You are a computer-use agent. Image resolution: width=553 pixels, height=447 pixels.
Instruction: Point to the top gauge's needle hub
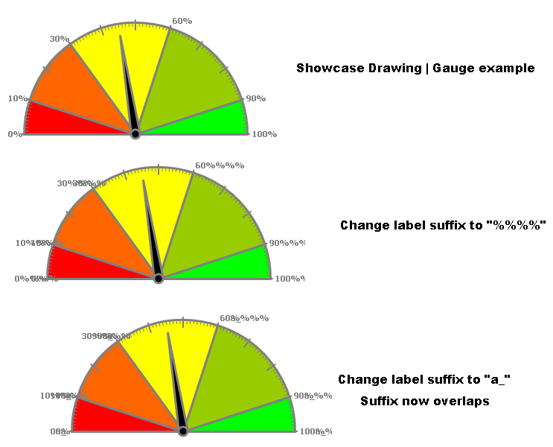(135, 134)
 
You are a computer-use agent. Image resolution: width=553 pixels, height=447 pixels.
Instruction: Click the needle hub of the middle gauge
(159, 279)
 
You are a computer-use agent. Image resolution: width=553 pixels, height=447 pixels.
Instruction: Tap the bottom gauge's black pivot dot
(183, 431)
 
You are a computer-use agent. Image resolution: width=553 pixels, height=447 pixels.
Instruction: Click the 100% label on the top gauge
(264, 134)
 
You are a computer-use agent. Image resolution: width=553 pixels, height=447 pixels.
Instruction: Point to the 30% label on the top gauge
(60, 39)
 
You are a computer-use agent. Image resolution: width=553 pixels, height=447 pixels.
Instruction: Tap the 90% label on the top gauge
(256, 98)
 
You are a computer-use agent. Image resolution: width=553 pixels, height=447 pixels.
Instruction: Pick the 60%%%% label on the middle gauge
(220, 165)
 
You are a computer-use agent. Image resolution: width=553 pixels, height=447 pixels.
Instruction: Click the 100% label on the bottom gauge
(315, 431)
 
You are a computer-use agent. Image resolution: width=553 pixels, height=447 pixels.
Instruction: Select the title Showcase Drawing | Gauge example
(415, 69)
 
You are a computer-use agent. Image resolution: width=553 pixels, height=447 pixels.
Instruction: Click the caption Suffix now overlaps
(424, 401)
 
